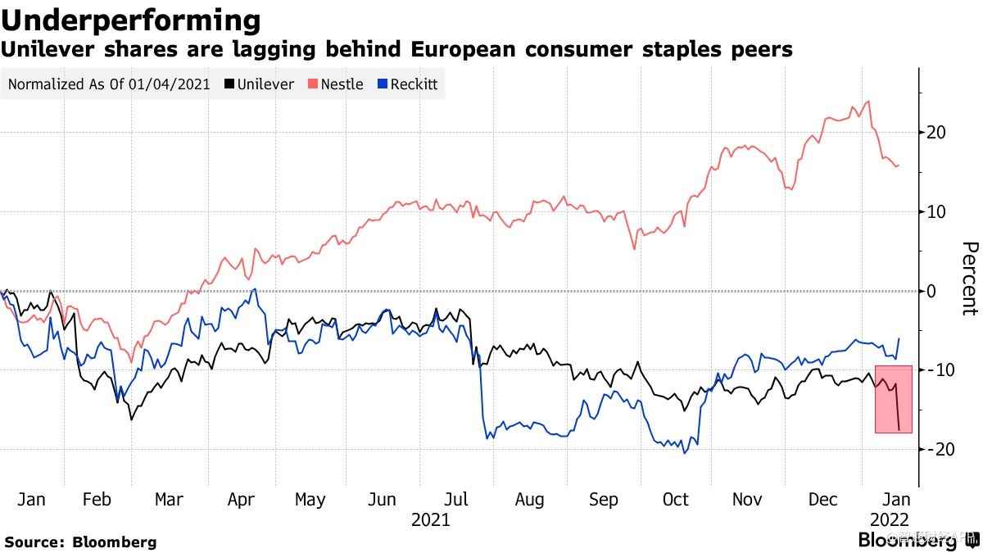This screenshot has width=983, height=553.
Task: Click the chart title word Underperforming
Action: coord(131,20)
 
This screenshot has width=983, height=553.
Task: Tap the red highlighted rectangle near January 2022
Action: coord(893,399)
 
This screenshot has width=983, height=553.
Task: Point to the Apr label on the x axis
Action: coord(241,500)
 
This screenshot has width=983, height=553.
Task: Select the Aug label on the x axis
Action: coord(530,500)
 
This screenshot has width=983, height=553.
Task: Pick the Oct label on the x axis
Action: coord(676,500)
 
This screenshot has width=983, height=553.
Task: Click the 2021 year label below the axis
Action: coord(430,519)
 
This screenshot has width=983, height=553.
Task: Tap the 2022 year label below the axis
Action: coord(888,519)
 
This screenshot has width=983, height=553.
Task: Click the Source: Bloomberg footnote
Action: coord(80,542)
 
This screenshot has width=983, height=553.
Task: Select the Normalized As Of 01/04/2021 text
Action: coord(109,84)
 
